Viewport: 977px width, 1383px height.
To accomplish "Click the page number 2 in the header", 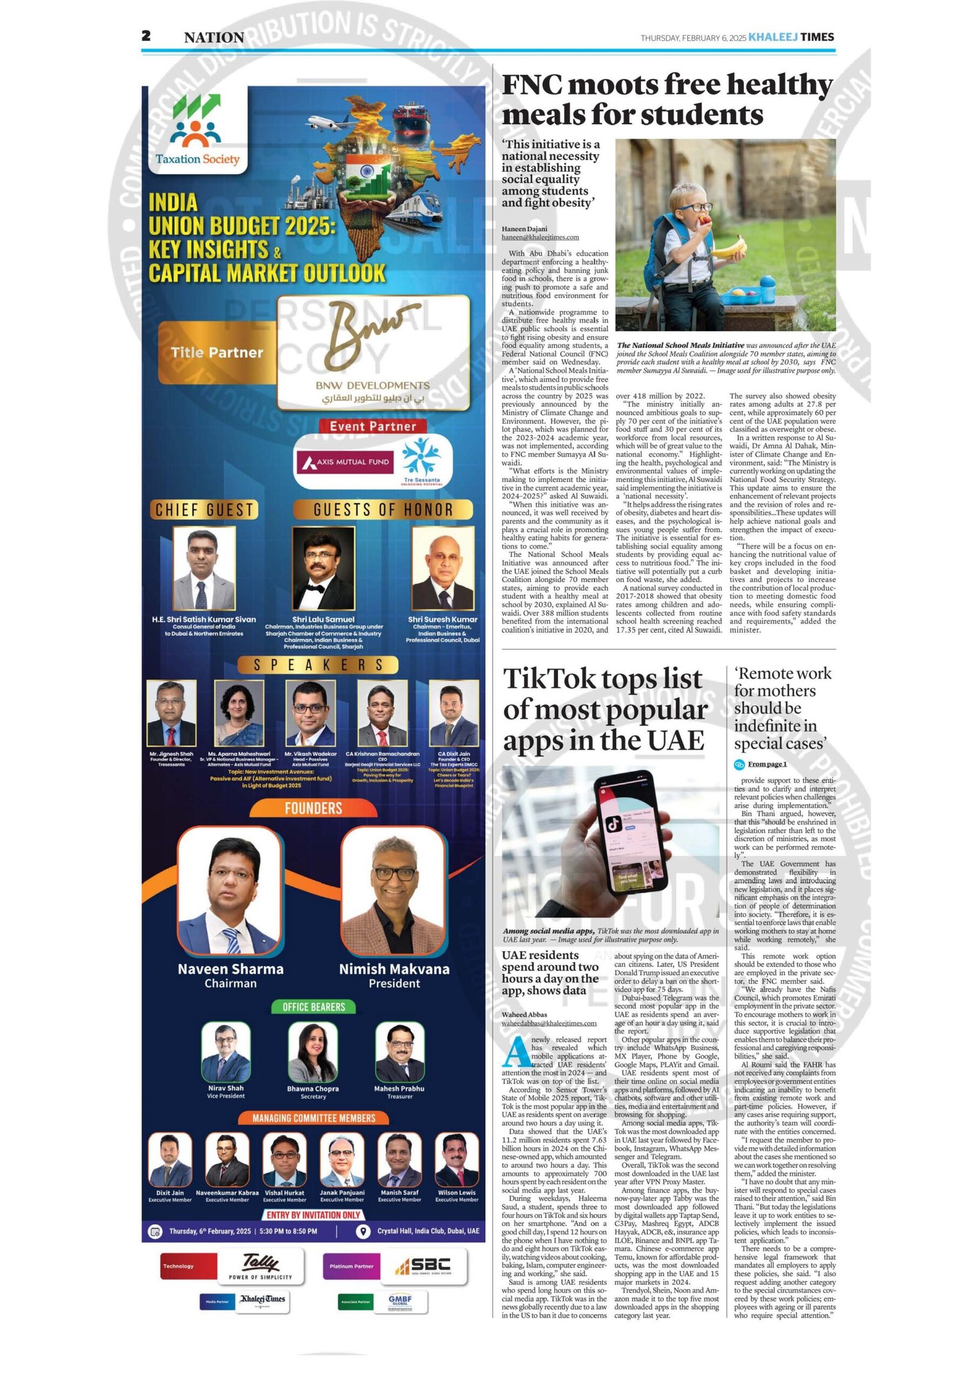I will (146, 36).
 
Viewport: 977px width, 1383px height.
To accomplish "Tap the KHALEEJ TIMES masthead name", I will (790, 37).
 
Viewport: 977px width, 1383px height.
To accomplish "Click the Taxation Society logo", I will (197, 133).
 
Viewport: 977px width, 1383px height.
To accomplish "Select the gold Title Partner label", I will (217, 352).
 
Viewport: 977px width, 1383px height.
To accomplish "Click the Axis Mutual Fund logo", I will (346, 462).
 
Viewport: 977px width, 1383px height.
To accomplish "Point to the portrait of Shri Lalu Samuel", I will (323, 569).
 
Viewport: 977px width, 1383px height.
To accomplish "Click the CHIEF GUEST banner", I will (204, 509).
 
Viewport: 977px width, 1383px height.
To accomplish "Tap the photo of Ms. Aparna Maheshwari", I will (239, 713).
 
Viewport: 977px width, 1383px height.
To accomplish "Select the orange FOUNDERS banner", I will (313, 808).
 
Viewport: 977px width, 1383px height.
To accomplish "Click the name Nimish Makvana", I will (394, 969).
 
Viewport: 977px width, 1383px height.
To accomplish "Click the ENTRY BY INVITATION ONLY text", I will (313, 1214).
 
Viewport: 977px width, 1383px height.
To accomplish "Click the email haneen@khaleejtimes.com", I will (540, 237).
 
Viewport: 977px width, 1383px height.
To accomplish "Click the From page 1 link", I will (767, 764).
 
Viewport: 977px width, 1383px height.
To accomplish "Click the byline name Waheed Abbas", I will (524, 1015).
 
